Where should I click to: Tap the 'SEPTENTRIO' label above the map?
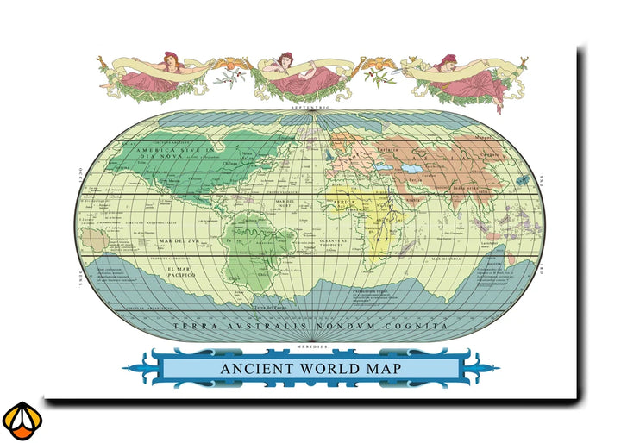(310, 107)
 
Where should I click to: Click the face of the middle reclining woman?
(287, 59)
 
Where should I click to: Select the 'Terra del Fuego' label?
(269, 307)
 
